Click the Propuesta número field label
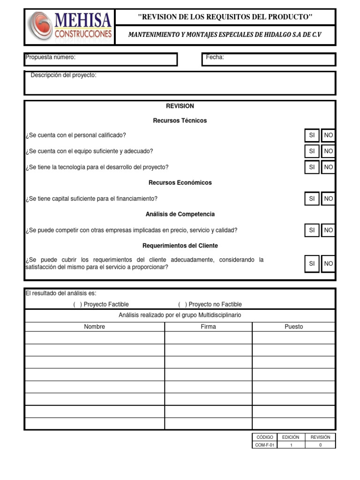click(50, 57)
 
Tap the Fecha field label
click(215, 57)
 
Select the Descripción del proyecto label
click(63, 75)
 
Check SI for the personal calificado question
click(312, 135)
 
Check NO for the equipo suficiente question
click(329, 151)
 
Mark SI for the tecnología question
click(312, 167)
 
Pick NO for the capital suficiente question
click(329, 199)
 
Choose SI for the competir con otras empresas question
click(312, 230)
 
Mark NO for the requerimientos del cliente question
click(329, 264)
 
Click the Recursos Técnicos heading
click(180, 120)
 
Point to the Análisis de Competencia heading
click(180, 214)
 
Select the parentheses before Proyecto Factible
click(77, 305)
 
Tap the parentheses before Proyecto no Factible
click(182, 305)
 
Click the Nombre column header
click(94, 327)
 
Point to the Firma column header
click(208, 327)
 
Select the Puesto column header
click(294, 327)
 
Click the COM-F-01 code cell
click(265, 445)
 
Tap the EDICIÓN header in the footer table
click(291, 437)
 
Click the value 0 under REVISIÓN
click(320, 445)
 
